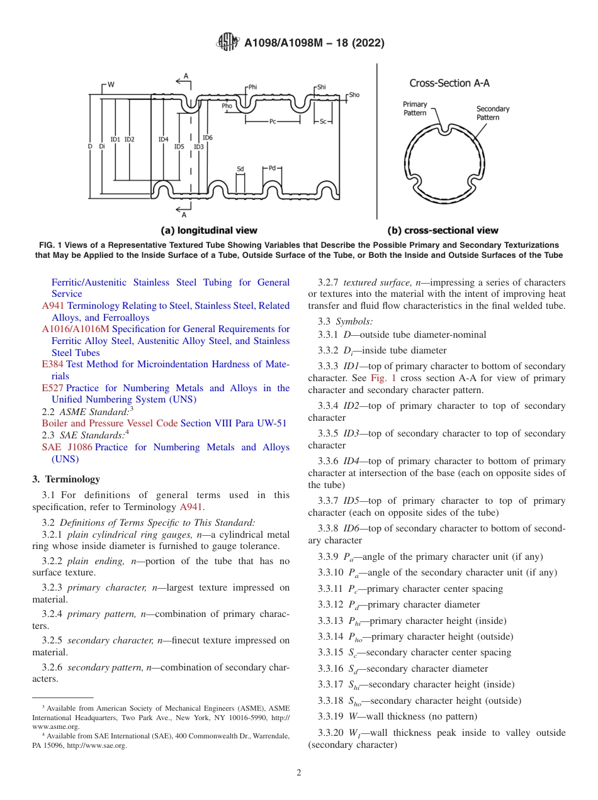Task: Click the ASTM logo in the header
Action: pyautogui.click(x=227, y=42)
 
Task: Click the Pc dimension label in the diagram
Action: pyautogui.click(x=273, y=121)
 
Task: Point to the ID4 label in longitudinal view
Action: pyautogui.click(x=163, y=139)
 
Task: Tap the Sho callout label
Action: pyautogui.click(x=354, y=95)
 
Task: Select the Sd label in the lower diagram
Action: pyautogui.click(x=240, y=169)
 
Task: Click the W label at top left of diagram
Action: pyautogui.click(x=111, y=84)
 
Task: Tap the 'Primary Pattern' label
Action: pyautogui.click(x=415, y=108)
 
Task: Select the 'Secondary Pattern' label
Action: pyautogui.click(x=492, y=113)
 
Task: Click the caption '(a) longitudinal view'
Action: pyautogui.click(x=210, y=230)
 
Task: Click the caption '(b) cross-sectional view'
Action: pyautogui.click(x=443, y=230)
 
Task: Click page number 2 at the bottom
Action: pyautogui.click(x=299, y=773)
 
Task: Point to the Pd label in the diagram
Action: pyautogui.click(x=272, y=168)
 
